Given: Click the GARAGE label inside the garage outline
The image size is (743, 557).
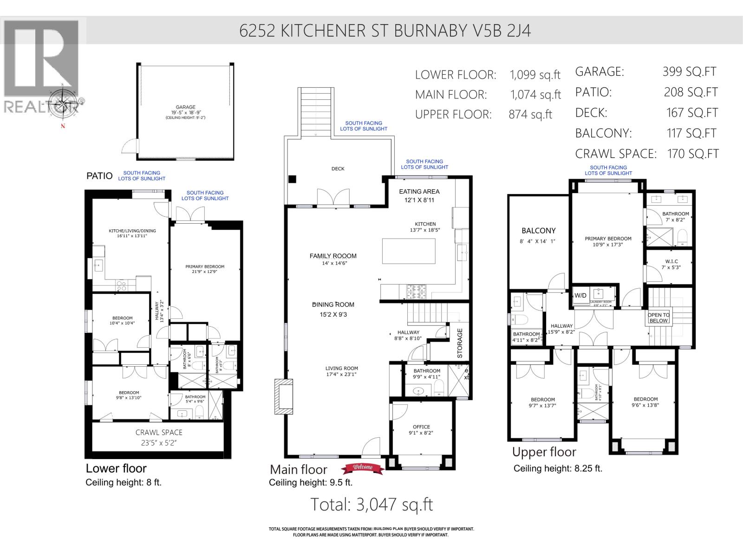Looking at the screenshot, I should coord(185,107).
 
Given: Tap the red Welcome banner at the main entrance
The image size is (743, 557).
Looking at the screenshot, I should coord(363,468).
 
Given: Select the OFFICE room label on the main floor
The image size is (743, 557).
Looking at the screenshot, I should coord(421,427).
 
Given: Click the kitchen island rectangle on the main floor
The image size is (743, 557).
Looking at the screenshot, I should coord(409,251).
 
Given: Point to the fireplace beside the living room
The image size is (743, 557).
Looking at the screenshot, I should coord(284,397).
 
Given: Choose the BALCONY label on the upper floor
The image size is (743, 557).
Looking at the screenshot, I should coord(538,231).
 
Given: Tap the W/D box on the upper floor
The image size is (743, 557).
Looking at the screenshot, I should coord(580,296).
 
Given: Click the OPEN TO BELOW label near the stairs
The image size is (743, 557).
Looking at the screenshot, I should coord(658,318).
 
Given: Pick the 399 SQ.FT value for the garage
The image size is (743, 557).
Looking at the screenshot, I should coord(689,71).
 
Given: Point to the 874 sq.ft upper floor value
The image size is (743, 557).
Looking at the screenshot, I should coord(530,115).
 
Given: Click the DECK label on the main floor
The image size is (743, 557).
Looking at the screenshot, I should coord(338,169).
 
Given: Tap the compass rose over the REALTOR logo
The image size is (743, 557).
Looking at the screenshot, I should coord(63,100).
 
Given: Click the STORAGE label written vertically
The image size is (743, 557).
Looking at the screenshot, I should coord(460,343).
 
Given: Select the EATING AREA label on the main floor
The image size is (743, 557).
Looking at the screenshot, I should coord(419,191).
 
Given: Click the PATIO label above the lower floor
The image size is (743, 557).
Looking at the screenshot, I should coord(99,176).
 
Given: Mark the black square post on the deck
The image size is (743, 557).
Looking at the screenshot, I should coord(292,180).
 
